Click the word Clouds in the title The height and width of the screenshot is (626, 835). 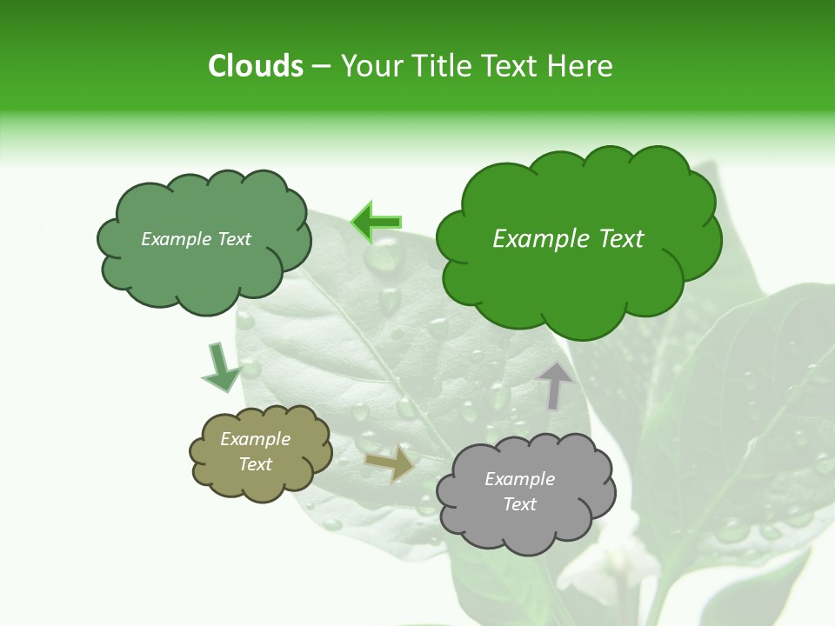point(255,66)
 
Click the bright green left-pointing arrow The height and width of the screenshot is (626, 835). point(376,223)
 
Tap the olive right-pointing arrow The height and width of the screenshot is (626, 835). point(391,463)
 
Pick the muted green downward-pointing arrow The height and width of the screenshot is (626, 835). point(220,367)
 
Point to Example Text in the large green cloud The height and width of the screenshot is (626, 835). point(568,239)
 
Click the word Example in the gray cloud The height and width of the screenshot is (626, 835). point(519,479)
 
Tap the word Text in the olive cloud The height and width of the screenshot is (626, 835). point(256,464)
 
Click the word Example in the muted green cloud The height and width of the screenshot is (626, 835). point(174,239)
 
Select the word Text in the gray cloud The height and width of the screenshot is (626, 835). point(519,504)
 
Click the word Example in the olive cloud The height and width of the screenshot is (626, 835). point(256,439)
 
